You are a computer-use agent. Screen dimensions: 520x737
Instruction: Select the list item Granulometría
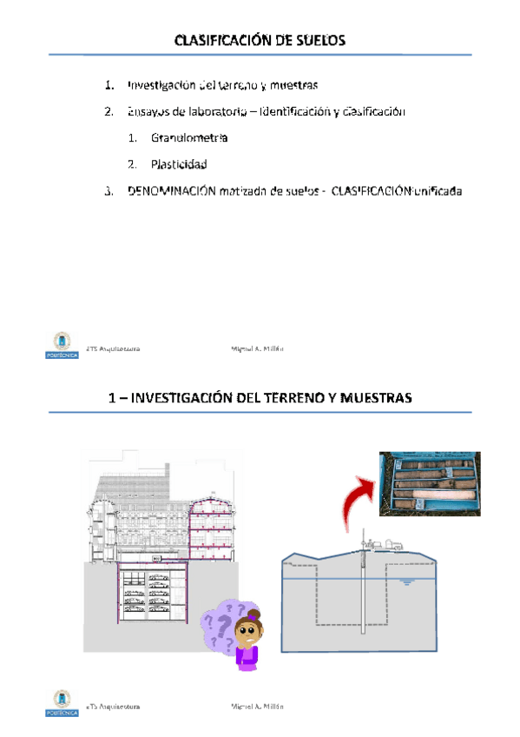(189, 137)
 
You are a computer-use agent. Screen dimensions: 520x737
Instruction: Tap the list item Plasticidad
(179, 163)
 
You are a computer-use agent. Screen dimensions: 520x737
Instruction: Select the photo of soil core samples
(430, 484)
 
